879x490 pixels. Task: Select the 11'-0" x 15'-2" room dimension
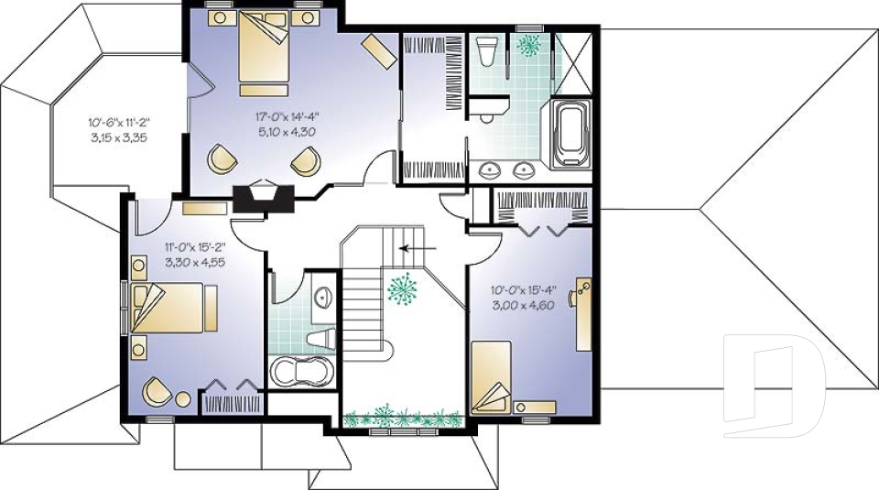coord(195,246)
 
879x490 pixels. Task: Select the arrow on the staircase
coord(417,246)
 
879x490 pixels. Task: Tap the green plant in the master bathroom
coord(528,43)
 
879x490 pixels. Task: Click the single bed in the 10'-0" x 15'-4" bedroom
coord(492,376)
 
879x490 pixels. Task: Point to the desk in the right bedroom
coord(582,314)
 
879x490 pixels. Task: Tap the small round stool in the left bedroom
coord(183,398)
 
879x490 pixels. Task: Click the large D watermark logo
coord(774,385)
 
